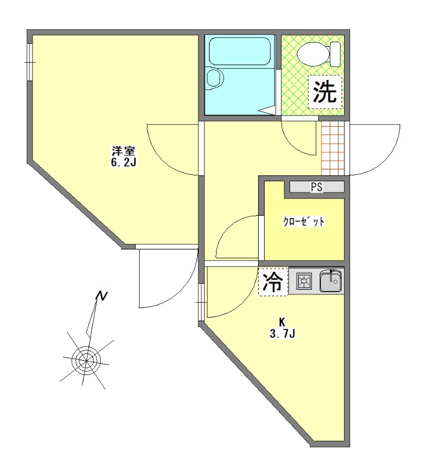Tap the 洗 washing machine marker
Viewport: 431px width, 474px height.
(x=325, y=92)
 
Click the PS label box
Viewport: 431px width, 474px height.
(x=317, y=187)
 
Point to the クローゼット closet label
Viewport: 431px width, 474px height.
(x=304, y=223)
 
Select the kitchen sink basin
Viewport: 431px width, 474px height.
(x=330, y=281)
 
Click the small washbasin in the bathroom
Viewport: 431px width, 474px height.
(x=214, y=78)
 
